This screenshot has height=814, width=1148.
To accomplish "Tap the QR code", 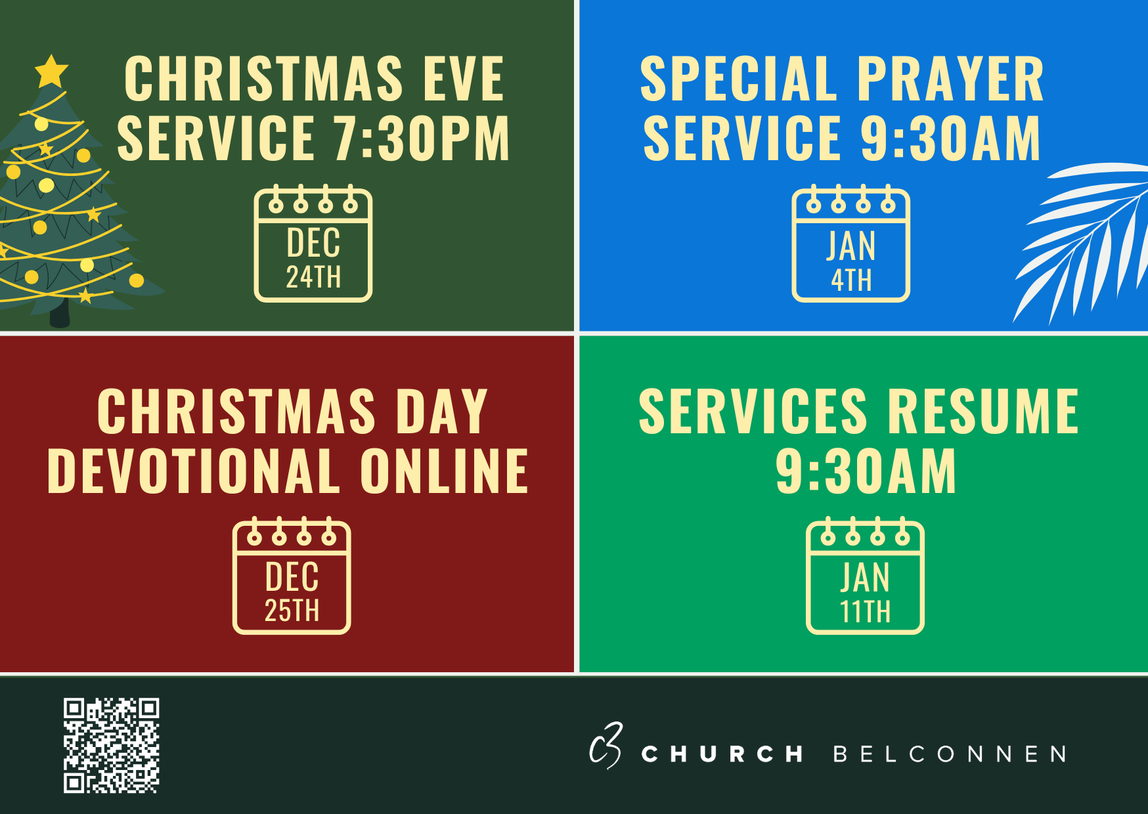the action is click(x=112, y=745).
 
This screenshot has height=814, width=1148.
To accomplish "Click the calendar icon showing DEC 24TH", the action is click(x=313, y=244).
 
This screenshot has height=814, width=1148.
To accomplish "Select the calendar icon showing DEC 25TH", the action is click(x=292, y=576).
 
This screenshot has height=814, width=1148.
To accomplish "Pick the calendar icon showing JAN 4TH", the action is click(x=851, y=244).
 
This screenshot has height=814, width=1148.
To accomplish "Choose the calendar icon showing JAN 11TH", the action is click(x=865, y=576).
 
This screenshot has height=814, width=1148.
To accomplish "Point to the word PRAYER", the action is click(x=950, y=79).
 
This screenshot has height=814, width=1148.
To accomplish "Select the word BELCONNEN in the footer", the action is click(x=950, y=754).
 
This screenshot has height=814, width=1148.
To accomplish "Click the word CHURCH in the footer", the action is click(x=722, y=754).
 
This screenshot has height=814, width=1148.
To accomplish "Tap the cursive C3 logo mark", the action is click(x=606, y=746).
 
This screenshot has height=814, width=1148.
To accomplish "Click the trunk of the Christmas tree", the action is click(x=60, y=313).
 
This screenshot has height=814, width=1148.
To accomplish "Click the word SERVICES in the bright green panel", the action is click(x=753, y=411).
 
